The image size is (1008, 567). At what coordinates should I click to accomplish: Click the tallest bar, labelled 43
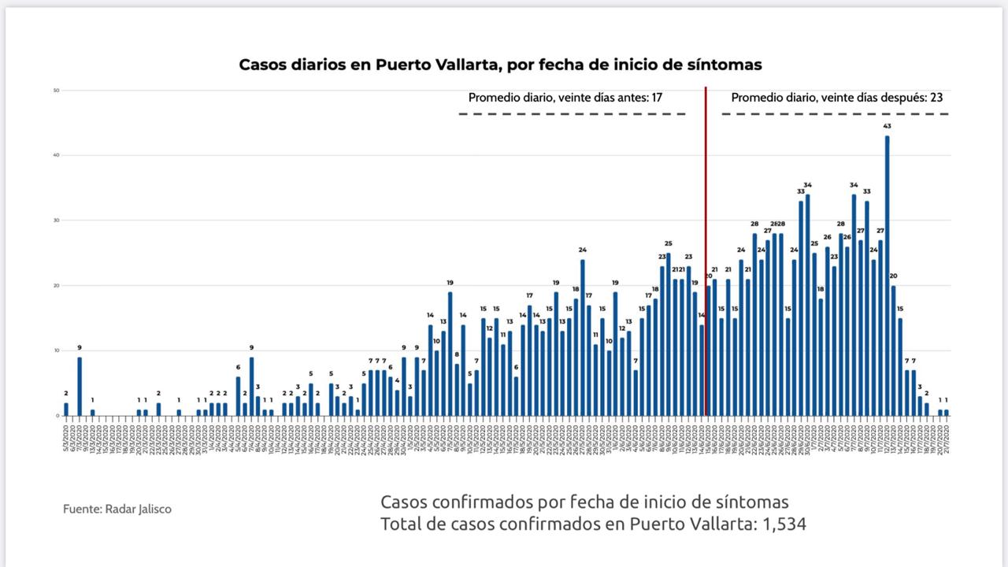(887, 276)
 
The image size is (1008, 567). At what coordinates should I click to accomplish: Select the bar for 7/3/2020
(80, 387)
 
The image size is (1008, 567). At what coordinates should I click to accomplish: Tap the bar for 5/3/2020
(66, 409)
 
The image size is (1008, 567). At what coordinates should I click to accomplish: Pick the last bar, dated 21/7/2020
(946, 413)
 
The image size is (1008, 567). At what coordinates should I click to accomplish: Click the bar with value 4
(397, 403)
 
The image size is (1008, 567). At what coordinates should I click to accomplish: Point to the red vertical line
(705, 252)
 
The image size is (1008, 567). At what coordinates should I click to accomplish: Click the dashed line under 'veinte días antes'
(573, 114)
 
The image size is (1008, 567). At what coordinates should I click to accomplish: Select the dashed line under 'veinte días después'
(835, 114)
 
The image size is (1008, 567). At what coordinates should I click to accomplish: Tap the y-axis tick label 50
(57, 91)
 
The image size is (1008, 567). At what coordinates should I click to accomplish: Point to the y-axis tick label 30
(57, 220)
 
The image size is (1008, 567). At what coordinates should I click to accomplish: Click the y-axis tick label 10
(57, 350)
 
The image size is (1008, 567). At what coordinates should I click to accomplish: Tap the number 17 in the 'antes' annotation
(656, 98)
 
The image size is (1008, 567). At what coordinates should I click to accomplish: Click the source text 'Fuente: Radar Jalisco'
(117, 510)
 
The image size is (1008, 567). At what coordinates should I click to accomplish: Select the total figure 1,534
(784, 524)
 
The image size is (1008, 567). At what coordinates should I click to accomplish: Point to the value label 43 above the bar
(887, 126)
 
